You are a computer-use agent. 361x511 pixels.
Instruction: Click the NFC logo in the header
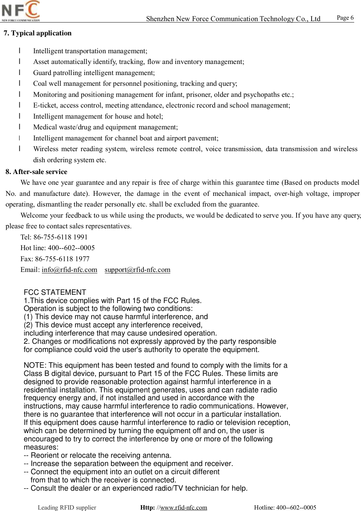[21, 11]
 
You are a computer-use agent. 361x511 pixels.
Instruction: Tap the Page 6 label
[345, 18]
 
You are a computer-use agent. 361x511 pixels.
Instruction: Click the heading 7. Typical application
[38, 33]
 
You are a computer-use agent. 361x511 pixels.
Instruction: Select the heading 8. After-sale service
[36, 172]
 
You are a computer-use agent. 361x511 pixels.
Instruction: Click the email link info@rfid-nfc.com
[69, 270]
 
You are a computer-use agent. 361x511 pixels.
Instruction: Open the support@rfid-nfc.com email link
[137, 270]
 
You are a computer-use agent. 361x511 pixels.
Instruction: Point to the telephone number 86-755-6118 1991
[60, 237]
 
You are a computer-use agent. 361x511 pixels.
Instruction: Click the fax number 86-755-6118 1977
[62, 259]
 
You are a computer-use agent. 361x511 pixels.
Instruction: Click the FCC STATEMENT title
[55, 292]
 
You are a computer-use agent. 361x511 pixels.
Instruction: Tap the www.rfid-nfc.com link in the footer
[184, 507]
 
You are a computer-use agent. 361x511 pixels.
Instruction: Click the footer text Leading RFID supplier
[67, 507]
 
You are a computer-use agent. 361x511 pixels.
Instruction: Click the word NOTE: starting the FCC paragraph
[35, 365]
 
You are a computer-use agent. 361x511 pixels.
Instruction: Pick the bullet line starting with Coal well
[135, 84]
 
